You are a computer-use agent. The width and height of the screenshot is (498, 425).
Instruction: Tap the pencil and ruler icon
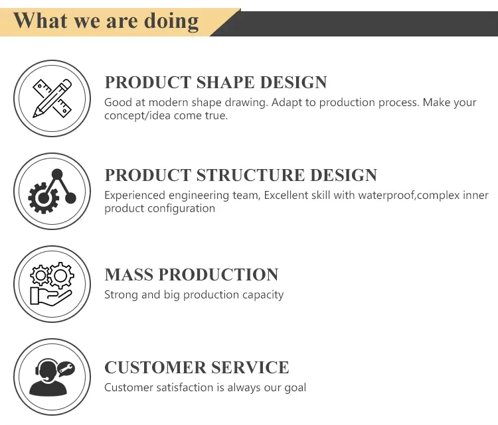[52, 98]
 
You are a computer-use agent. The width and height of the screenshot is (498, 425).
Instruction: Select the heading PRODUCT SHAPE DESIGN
[216, 83]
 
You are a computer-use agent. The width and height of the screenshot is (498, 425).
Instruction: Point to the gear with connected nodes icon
[52, 190]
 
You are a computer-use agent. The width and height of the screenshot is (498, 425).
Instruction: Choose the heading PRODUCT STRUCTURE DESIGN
[241, 176]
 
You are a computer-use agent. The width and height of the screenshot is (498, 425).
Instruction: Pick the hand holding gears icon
[52, 283]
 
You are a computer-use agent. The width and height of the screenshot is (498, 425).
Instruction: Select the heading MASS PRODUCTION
[191, 274]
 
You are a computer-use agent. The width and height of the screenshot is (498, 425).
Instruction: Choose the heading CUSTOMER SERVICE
[197, 367]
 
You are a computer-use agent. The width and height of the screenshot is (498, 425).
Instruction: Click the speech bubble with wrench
[66, 368]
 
